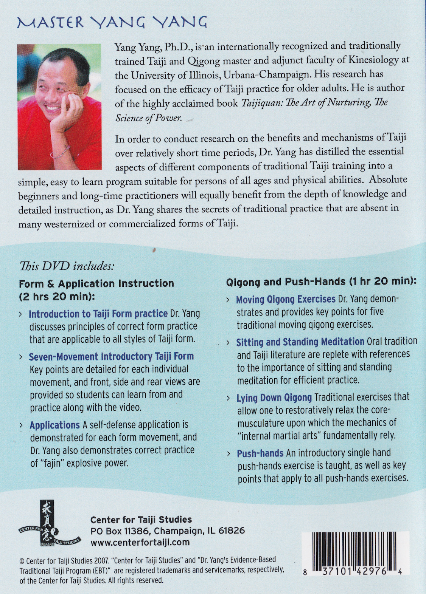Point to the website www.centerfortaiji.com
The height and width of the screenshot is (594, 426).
(x=140, y=543)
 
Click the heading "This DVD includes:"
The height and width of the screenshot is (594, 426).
(x=67, y=266)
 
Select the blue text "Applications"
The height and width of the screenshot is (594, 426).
(x=55, y=425)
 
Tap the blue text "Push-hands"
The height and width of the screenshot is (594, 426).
(x=260, y=453)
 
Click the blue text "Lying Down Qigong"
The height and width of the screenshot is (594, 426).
(x=274, y=398)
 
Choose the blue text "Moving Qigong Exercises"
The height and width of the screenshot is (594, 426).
(x=286, y=300)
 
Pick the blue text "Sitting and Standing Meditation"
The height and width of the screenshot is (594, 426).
(x=300, y=342)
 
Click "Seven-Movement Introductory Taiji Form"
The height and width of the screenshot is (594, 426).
(x=111, y=356)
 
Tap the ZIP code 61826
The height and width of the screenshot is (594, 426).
(x=231, y=531)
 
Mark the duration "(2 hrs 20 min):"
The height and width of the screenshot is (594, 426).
(x=57, y=297)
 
